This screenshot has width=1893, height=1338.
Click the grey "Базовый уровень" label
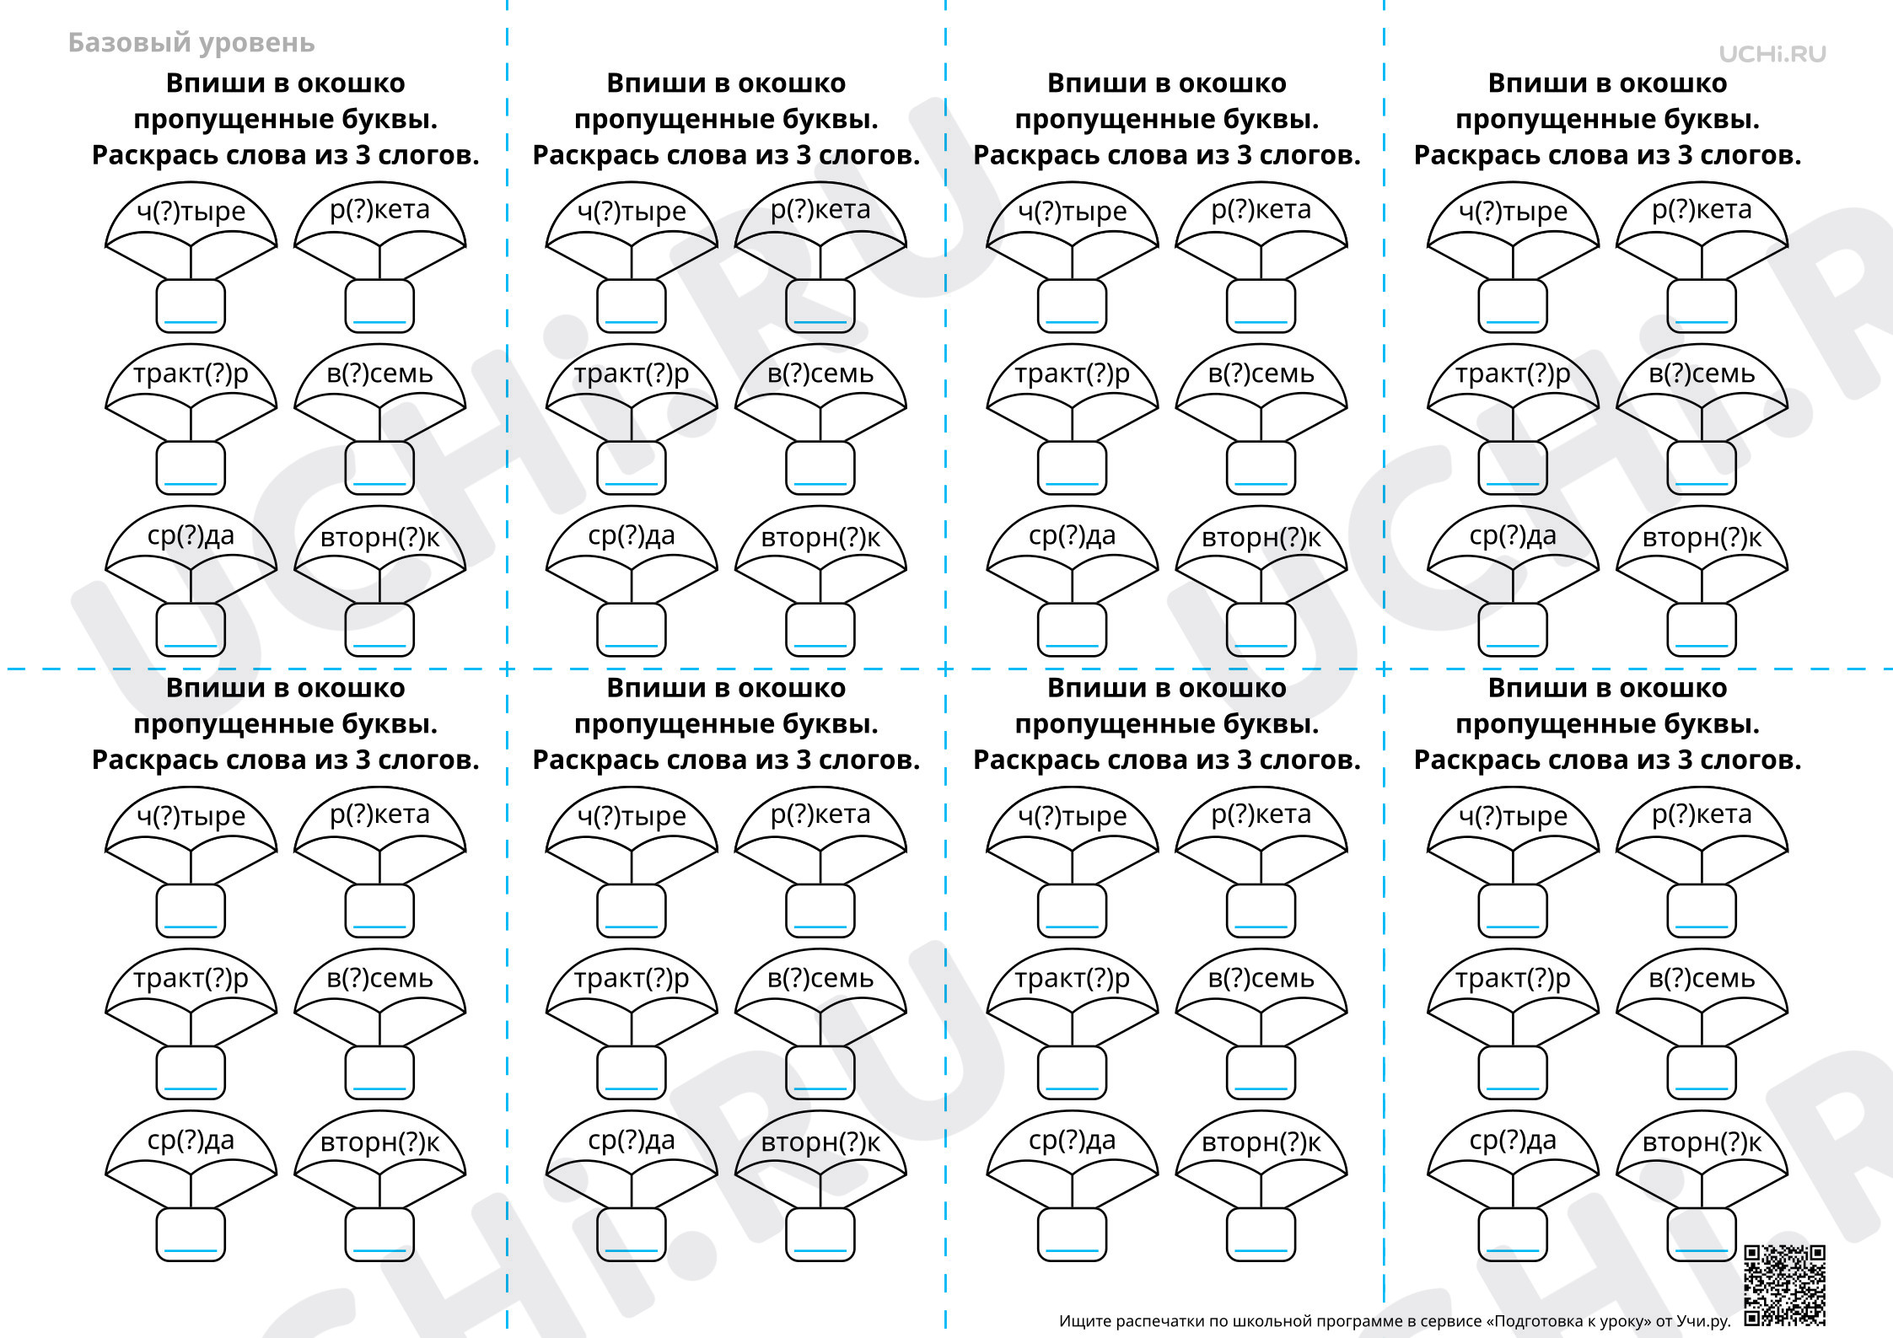click(x=191, y=43)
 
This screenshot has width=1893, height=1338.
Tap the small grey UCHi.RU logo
click(x=1772, y=54)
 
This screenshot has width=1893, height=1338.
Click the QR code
click(x=1784, y=1285)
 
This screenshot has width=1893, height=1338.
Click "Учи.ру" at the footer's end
click(x=1703, y=1321)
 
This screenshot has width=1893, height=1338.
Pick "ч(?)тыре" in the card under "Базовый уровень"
click(x=191, y=211)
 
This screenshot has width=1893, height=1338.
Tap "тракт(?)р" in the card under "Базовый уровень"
click(x=191, y=373)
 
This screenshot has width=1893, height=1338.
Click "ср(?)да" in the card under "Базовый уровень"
click(x=191, y=535)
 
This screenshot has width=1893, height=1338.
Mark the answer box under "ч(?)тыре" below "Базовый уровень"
click(x=191, y=306)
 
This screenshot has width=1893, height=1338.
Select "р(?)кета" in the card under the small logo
click(x=1702, y=209)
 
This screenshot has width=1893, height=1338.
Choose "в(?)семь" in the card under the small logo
click(x=1702, y=373)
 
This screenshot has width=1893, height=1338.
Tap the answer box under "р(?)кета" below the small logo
click(x=1702, y=306)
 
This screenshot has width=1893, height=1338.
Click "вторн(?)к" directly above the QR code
click(x=1702, y=1142)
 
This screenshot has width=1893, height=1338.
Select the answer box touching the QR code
click(x=1702, y=1234)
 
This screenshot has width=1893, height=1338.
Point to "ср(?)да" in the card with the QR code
click(x=1513, y=1140)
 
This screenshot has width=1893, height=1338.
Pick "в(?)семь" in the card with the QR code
click(x=1702, y=978)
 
